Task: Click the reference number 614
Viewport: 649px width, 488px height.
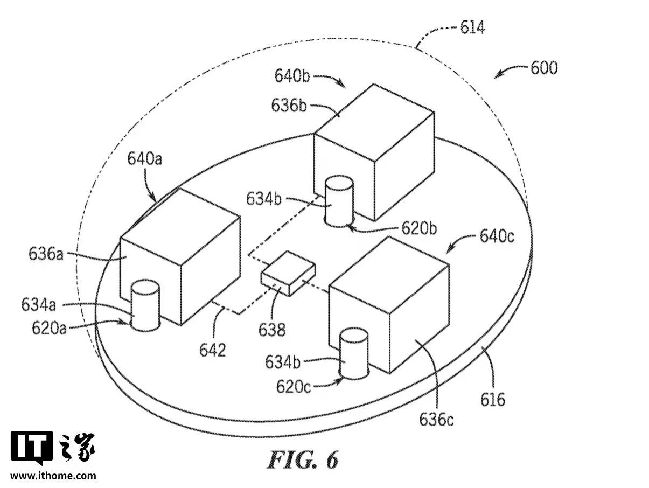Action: coord(472,27)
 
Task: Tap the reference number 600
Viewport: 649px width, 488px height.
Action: coord(544,68)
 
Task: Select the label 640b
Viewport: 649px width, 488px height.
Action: coord(292,76)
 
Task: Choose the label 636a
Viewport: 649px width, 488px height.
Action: coord(46,253)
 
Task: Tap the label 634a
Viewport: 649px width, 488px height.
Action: coord(39,305)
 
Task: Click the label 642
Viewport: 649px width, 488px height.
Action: coord(212,350)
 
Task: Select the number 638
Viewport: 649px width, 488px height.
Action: coord(272,329)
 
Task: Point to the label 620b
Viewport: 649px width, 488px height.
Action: coord(418,228)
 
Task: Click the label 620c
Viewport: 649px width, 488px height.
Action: coord(294,386)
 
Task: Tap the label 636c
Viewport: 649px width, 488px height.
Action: coord(436,419)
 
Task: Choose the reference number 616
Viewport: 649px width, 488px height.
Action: coord(493,399)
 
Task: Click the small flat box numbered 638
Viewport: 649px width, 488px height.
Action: coord(288,271)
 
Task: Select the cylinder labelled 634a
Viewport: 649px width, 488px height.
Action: coord(146,305)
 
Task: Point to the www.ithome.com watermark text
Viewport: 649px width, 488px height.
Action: coord(53,476)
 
